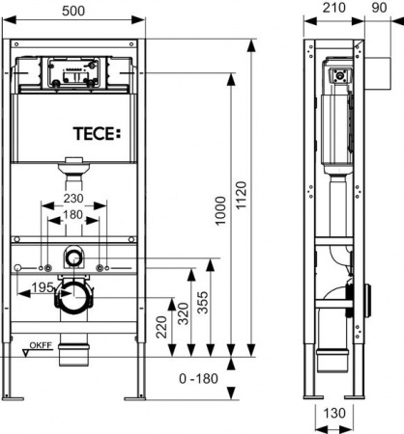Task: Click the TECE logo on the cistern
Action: tap(97, 132)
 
